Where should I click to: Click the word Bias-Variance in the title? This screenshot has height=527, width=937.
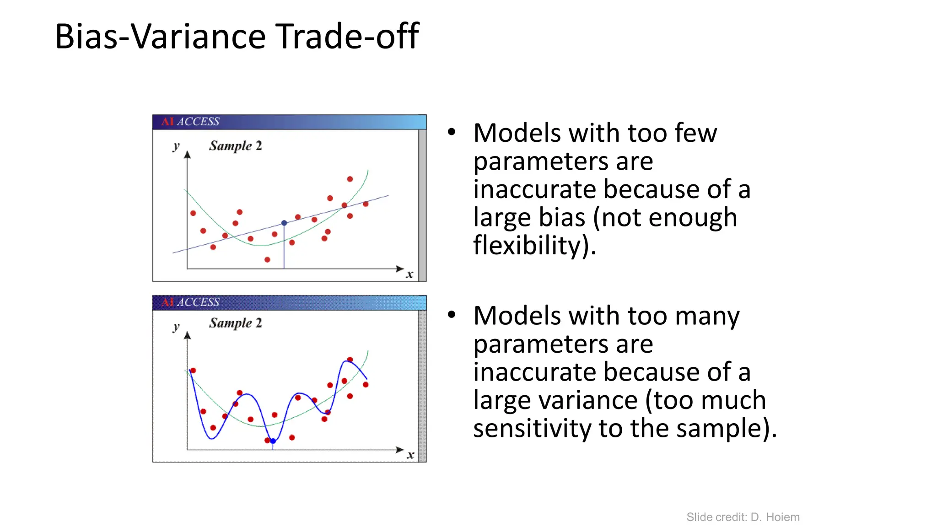(x=160, y=37)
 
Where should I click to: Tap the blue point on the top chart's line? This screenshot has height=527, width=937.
(x=284, y=223)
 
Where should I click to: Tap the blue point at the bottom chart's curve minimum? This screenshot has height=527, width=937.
(x=273, y=441)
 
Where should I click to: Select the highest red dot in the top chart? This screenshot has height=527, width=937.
(x=350, y=179)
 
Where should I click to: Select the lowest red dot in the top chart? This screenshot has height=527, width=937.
(x=267, y=259)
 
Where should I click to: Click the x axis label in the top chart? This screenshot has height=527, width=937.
(x=410, y=274)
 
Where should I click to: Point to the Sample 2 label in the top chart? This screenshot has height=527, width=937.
(x=236, y=146)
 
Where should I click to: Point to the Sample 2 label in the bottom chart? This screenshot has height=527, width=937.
(x=236, y=323)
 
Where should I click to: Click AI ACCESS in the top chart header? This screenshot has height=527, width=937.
(x=190, y=122)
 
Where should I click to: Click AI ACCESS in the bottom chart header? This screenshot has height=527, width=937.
(x=190, y=302)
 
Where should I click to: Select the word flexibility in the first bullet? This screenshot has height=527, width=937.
(x=531, y=246)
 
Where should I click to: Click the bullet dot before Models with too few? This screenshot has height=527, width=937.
(x=452, y=132)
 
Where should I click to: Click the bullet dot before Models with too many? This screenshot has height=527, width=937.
(x=452, y=315)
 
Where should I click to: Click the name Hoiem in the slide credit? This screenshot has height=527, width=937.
(x=782, y=517)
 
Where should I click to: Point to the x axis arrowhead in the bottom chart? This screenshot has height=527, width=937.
(x=400, y=450)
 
